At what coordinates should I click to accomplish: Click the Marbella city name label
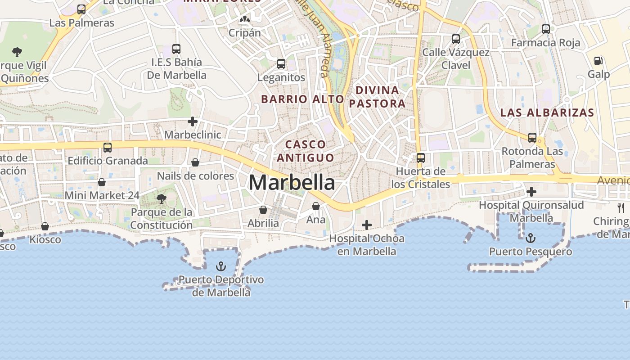[x=292, y=183]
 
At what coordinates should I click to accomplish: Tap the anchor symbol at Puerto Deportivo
[x=220, y=266]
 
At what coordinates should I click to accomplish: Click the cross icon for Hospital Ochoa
[x=367, y=225]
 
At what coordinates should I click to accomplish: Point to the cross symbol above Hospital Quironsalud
[x=531, y=192]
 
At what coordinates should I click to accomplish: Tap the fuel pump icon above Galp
[x=598, y=60]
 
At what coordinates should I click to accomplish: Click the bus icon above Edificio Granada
[x=108, y=147]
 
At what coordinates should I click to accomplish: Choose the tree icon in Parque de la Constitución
[x=161, y=198]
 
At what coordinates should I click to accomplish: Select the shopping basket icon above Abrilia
[x=263, y=210]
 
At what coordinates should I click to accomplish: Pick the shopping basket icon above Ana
[x=316, y=206]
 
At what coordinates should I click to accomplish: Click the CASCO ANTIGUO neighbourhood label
[x=306, y=151]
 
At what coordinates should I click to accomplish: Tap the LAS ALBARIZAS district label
[x=547, y=112]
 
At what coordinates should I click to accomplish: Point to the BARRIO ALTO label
[x=302, y=99]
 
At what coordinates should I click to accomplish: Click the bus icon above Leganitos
[x=281, y=64]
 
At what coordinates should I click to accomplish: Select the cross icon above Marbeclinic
[x=193, y=121]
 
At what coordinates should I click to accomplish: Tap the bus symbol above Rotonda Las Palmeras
[x=532, y=137]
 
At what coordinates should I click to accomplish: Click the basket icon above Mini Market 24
[x=102, y=182]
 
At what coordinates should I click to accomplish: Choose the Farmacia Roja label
[x=545, y=43]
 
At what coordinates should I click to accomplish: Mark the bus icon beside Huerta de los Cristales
[x=421, y=157]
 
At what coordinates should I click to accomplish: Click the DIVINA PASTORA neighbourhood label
[x=377, y=97]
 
